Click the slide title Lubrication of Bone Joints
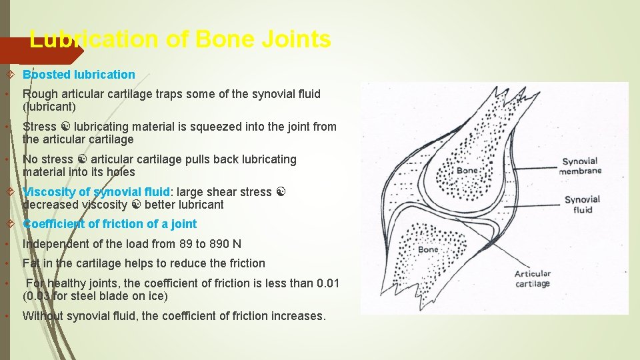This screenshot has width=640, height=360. click(180, 40)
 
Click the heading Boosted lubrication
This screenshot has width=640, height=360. click(79, 75)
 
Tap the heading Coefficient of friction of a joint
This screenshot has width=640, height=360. click(110, 224)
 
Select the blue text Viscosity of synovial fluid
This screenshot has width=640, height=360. click(97, 192)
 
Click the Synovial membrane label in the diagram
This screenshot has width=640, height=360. click(581, 166)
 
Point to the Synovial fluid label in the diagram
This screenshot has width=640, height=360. click(582, 204)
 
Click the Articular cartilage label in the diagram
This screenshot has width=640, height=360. click(533, 278)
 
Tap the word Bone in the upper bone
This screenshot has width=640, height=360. click(467, 171)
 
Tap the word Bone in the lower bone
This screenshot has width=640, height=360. click(427, 249)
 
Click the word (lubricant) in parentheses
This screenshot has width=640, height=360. click(49, 107)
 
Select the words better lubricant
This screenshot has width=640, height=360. click(184, 205)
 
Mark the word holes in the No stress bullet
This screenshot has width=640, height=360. click(120, 172)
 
